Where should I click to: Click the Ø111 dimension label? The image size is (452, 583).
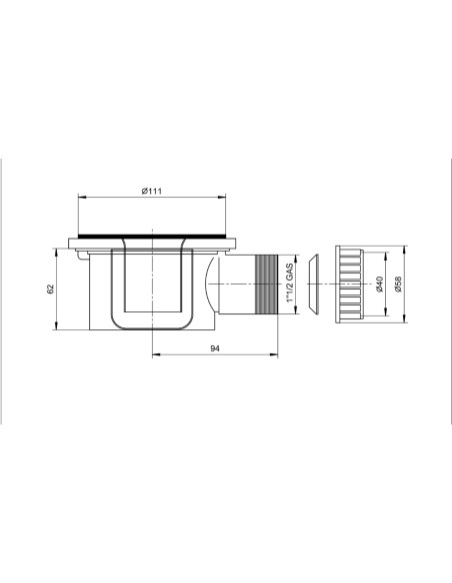152,191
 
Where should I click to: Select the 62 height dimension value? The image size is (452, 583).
51,289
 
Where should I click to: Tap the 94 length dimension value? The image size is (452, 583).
215,348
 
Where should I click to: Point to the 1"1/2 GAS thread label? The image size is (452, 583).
290,283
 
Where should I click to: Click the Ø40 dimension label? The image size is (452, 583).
379,284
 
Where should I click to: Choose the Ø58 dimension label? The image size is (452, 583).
398,284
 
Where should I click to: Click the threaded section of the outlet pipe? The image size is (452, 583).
266,285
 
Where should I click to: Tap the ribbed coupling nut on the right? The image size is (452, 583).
349,284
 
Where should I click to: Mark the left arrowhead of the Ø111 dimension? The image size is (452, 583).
81,197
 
